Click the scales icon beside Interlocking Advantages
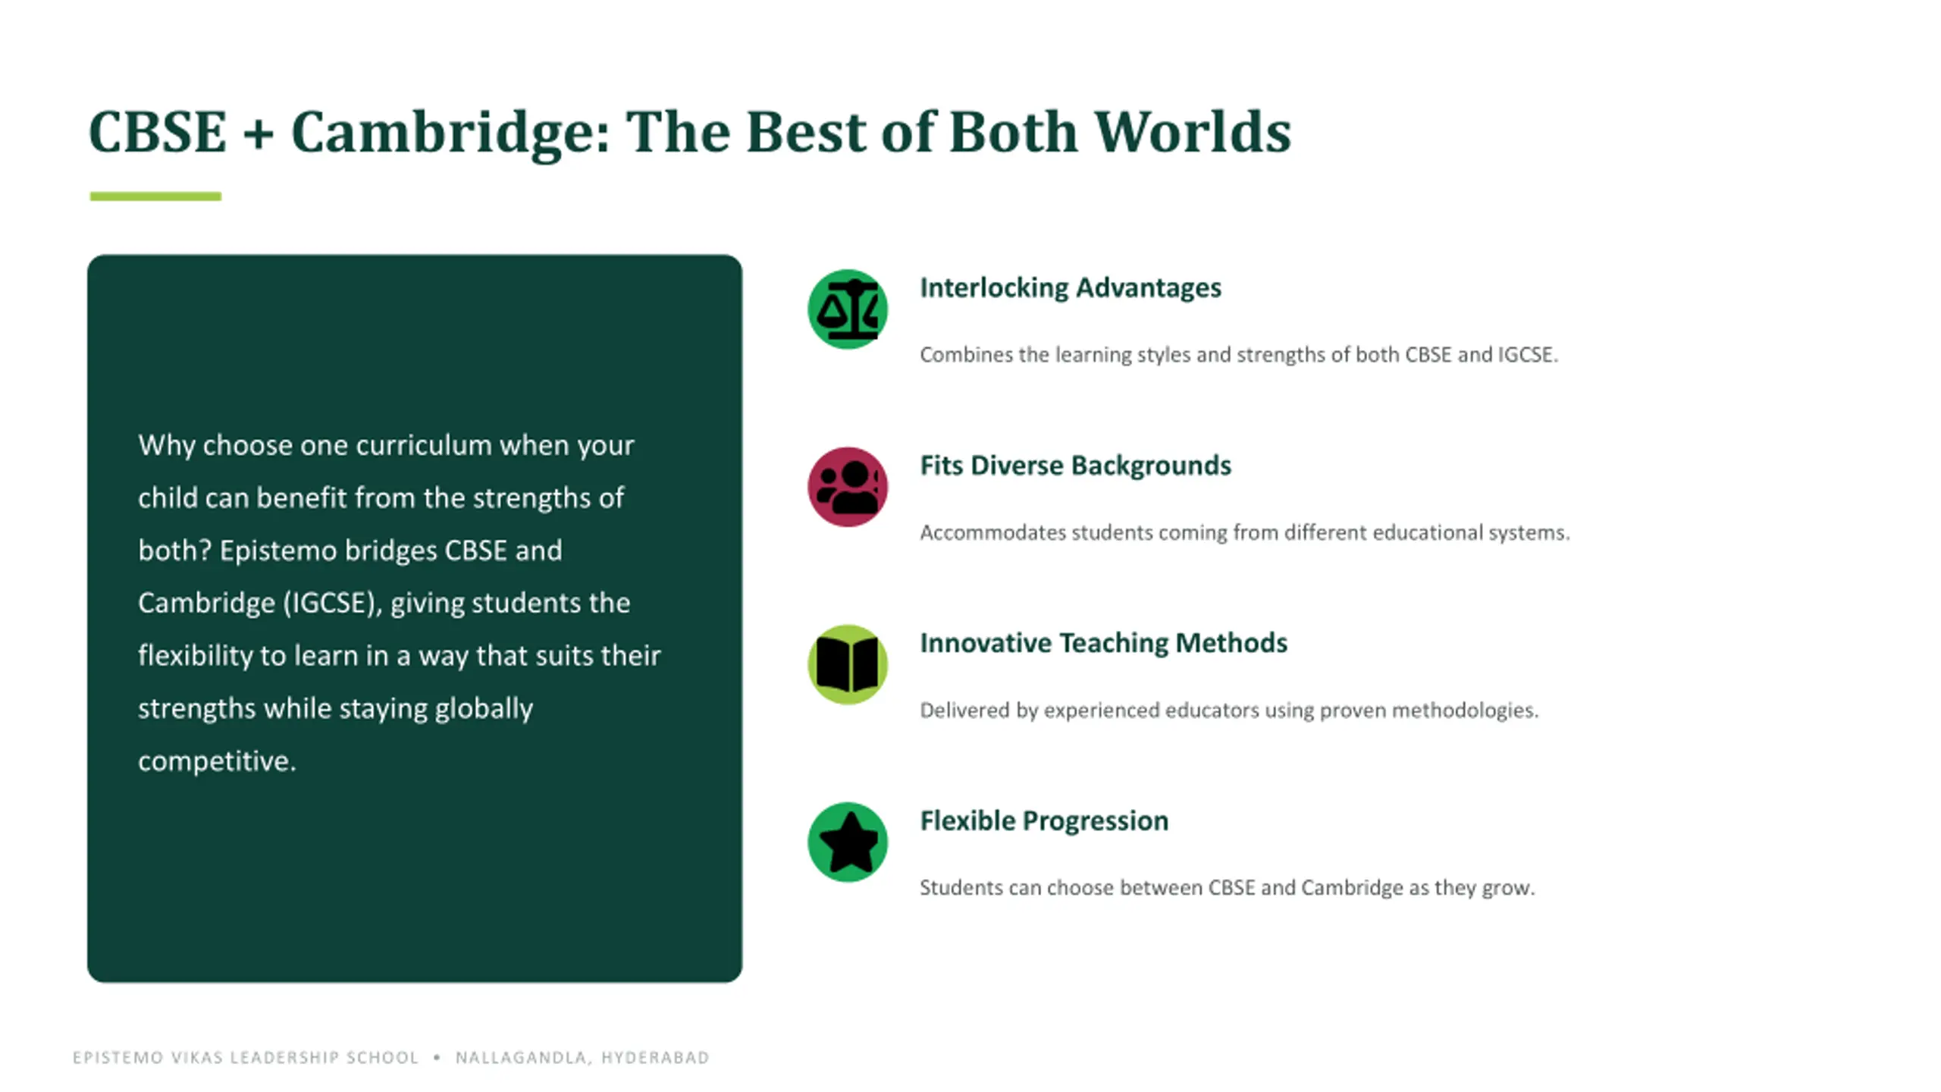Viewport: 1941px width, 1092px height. (x=848, y=309)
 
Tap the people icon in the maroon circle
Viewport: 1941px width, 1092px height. (x=848, y=487)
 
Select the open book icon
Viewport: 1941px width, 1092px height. (x=848, y=664)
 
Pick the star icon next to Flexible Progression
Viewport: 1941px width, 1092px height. (x=848, y=842)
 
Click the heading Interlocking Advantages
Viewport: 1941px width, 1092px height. (x=1071, y=288)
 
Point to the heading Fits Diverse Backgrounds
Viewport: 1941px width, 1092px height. (x=1076, y=466)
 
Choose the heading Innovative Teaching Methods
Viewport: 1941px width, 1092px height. (x=1104, y=643)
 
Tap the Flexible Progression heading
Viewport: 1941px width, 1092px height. (x=1044, y=821)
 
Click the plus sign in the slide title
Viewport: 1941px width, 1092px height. (x=259, y=133)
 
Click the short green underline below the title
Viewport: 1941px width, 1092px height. (x=155, y=196)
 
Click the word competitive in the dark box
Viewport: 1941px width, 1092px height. (x=217, y=761)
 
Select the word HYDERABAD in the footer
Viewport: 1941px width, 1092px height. (x=655, y=1057)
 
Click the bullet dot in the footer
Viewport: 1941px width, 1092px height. (x=437, y=1057)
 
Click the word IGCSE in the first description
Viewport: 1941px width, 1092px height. (x=1528, y=355)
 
